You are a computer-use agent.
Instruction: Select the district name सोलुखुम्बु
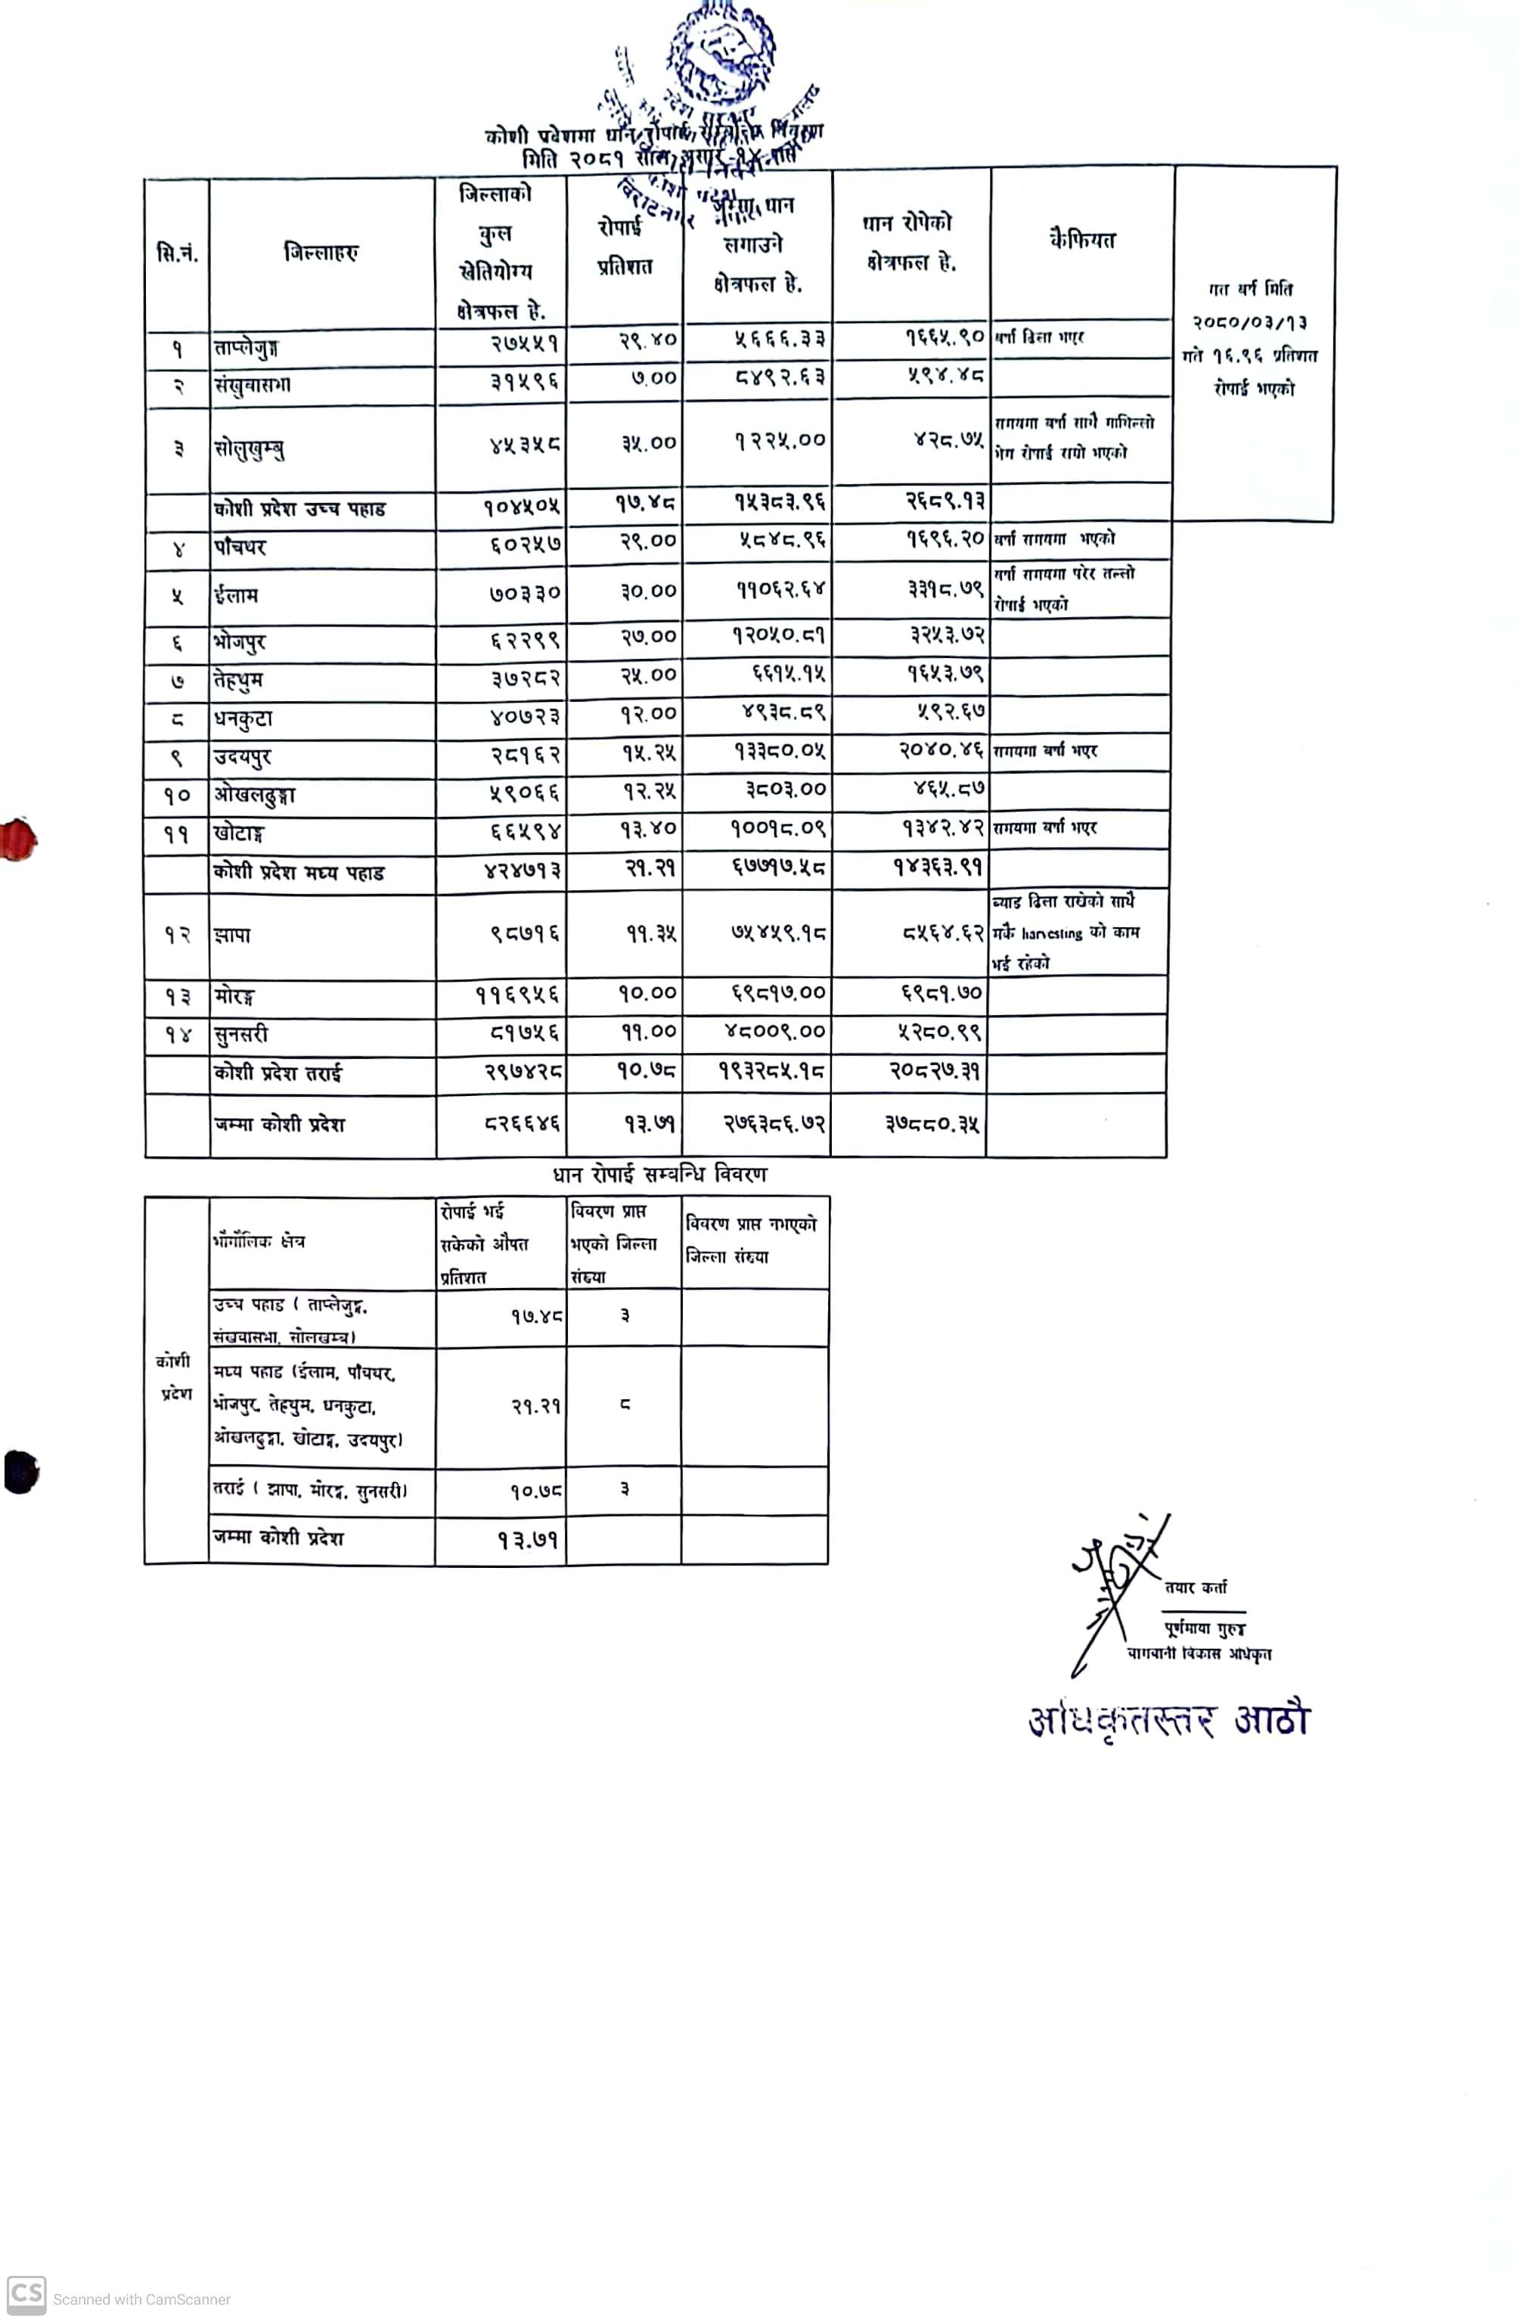pos(249,449)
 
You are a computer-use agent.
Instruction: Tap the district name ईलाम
pos(236,595)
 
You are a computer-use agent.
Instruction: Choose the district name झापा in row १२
pos(232,936)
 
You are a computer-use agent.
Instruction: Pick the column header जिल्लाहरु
pos(321,253)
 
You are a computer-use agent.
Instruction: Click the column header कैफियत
pos(1082,240)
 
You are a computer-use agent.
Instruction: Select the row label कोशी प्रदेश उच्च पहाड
pos(299,509)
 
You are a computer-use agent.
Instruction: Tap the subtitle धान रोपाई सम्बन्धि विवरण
pos(659,1174)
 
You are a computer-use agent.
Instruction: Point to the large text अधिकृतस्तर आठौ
pos(1168,1720)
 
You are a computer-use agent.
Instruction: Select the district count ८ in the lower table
pos(625,1405)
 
